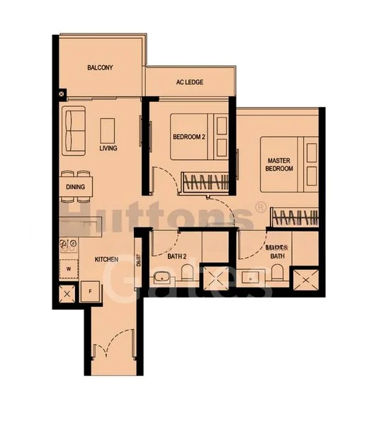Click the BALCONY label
pos(101,68)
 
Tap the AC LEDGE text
pos(189,82)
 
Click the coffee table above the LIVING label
pos(108,130)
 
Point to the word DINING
pos(75,187)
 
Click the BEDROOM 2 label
pos(188,137)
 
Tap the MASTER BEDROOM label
pos(279,164)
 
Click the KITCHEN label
pos(106,260)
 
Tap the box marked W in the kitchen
pos(69,268)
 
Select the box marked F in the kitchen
pos(91,291)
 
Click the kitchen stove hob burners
pos(69,246)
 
